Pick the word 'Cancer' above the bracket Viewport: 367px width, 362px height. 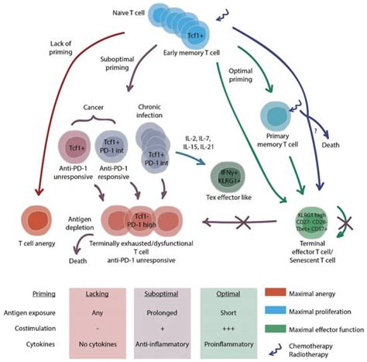[x=93, y=108]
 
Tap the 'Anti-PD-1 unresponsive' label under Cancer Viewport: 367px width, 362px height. [x=76, y=183]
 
